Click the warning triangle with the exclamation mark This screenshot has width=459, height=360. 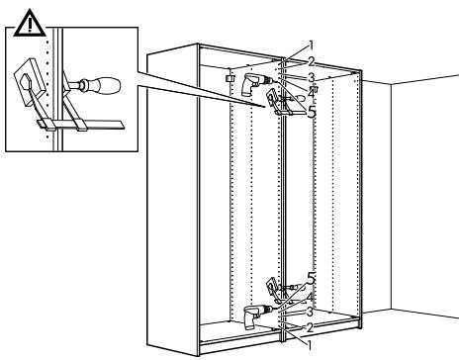(x=30, y=23)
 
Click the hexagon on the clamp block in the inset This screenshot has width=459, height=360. (x=25, y=82)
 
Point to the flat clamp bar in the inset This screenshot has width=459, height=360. (x=80, y=125)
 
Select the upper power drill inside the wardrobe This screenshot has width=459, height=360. (x=254, y=84)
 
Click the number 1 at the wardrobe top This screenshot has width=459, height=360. (x=311, y=45)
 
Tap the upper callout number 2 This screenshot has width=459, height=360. (x=311, y=61)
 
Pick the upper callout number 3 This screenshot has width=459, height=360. (x=311, y=78)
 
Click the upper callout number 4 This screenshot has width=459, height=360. (x=311, y=93)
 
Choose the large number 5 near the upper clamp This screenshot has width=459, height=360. (x=312, y=112)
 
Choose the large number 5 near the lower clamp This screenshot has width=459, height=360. (x=311, y=279)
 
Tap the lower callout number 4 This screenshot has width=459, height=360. (x=310, y=297)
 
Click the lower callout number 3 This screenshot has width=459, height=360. (x=310, y=312)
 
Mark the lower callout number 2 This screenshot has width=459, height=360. (x=310, y=327)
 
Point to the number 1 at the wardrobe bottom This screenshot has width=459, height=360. (x=310, y=345)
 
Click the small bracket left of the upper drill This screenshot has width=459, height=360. (x=229, y=78)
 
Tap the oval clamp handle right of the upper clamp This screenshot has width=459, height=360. (x=300, y=98)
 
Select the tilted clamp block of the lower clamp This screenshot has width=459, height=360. (x=272, y=285)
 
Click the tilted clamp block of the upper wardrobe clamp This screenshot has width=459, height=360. (x=272, y=97)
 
